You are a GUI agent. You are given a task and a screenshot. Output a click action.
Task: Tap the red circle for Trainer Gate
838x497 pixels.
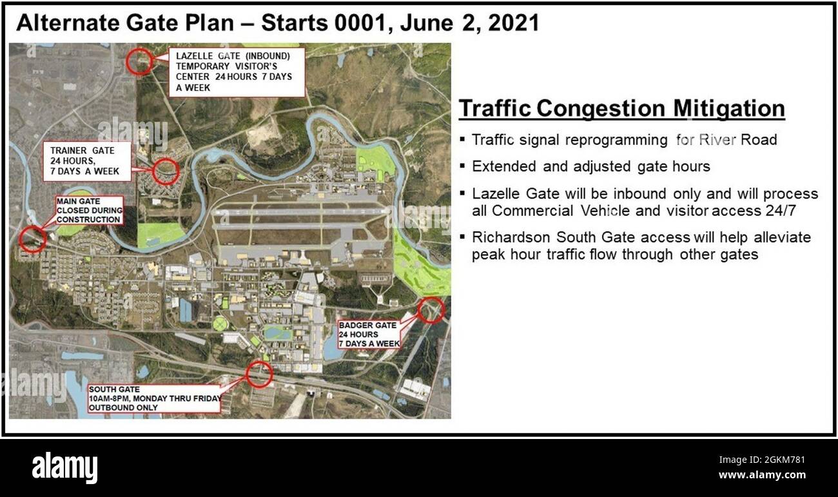coord(166,171)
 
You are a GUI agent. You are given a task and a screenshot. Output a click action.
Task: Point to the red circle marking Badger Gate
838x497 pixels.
coord(431,309)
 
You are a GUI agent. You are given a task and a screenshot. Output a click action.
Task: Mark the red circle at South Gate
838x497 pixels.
coord(260,373)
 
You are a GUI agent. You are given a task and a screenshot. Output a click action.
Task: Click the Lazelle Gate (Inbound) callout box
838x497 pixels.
coord(237,72)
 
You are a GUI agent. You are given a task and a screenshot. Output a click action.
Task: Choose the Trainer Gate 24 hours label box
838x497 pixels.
coord(90,162)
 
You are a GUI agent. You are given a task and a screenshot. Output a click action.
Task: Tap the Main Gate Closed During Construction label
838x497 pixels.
coord(89,210)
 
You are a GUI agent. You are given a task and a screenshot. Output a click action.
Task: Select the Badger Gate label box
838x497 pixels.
coord(369,334)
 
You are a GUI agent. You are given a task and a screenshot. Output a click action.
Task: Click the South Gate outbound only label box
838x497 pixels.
coord(154,398)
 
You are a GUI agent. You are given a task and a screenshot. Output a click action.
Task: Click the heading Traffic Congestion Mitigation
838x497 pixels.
coord(621,108)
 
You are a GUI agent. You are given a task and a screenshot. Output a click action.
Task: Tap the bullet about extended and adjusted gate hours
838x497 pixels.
coord(590,166)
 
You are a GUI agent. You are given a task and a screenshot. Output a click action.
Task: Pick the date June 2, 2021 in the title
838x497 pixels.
coord(469,23)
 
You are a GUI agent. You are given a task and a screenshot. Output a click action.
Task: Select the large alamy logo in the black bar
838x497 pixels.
coord(64,467)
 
